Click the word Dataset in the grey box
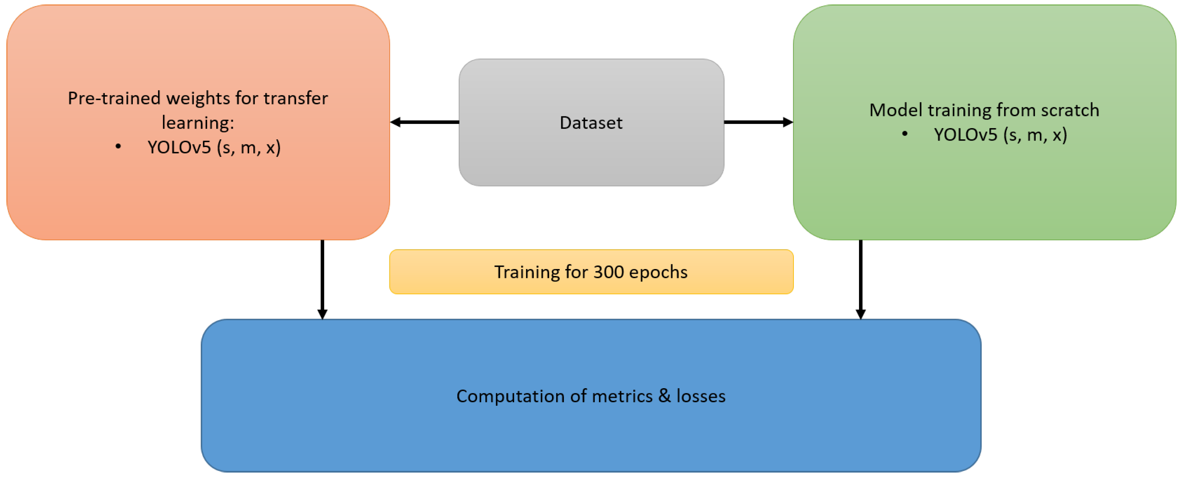[591, 123]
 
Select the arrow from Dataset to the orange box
[425, 122]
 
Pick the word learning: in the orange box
[198, 123]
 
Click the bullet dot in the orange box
[118, 147]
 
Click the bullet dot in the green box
[905, 134]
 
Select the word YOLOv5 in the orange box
[179, 148]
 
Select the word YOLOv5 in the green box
[965, 135]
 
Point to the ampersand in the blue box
[664, 396]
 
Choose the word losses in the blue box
[701, 396]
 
